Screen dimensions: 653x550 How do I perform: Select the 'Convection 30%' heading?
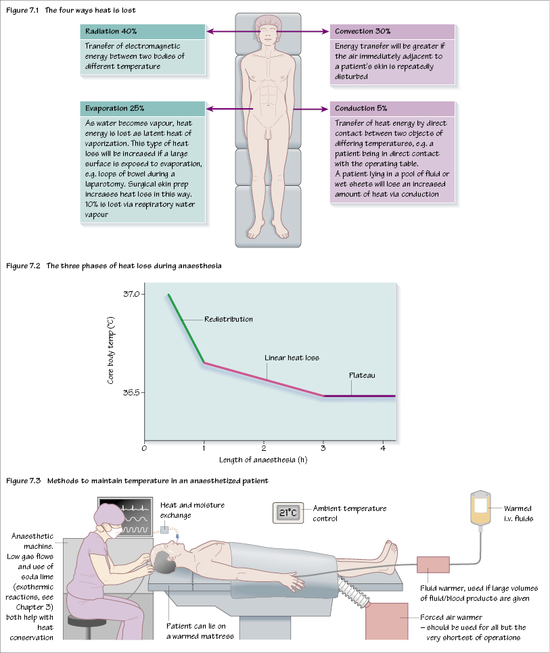363,32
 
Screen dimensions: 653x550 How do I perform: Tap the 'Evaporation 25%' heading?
115,108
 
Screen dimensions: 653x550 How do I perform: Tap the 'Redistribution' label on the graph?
229,319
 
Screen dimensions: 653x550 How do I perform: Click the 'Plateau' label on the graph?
361,375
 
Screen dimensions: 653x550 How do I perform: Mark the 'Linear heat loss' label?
292,358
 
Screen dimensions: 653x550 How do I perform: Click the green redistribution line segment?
186,328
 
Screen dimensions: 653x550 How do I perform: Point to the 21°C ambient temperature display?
288,512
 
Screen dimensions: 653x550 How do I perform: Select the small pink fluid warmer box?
432,565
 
